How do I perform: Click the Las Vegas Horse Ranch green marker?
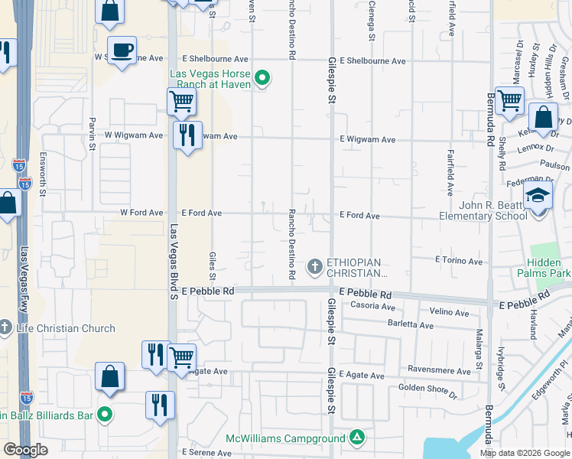tap(262, 78)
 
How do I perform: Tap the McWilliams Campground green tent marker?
tap(356, 438)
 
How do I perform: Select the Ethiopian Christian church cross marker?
tap(314, 267)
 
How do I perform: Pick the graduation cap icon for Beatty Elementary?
tap(538, 195)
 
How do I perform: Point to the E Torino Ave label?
tap(459, 262)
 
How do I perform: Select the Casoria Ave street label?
tap(372, 306)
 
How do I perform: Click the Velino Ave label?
tap(450, 312)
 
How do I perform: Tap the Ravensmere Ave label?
tap(439, 369)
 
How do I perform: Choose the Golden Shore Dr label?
tap(427, 392)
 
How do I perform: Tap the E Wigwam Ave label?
tap(368, 140)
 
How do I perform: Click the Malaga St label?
tap(479, 349)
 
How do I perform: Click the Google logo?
tap(26, 450)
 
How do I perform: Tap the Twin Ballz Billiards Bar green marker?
tap(106, 415)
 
